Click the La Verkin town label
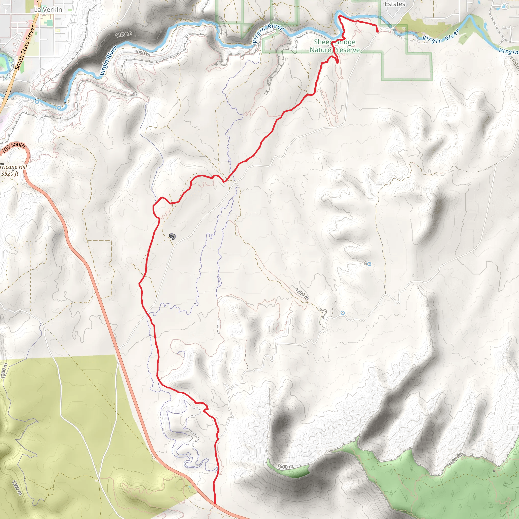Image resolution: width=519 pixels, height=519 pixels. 48,10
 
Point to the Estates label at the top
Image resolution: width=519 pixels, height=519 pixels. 395,4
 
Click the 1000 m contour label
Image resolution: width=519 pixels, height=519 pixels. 142,53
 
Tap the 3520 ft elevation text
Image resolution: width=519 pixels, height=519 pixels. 10,174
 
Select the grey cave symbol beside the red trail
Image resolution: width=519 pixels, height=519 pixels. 172,237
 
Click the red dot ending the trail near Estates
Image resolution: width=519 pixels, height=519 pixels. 377,31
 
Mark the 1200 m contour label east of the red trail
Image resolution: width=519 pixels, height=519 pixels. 302,294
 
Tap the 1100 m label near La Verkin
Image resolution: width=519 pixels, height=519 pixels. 124,34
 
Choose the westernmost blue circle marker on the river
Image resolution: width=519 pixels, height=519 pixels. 37,102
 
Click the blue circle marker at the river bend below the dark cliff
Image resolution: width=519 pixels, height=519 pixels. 59,108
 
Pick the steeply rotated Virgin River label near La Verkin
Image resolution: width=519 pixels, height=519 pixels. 108,61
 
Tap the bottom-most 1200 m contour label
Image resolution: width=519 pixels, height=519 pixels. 16,488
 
